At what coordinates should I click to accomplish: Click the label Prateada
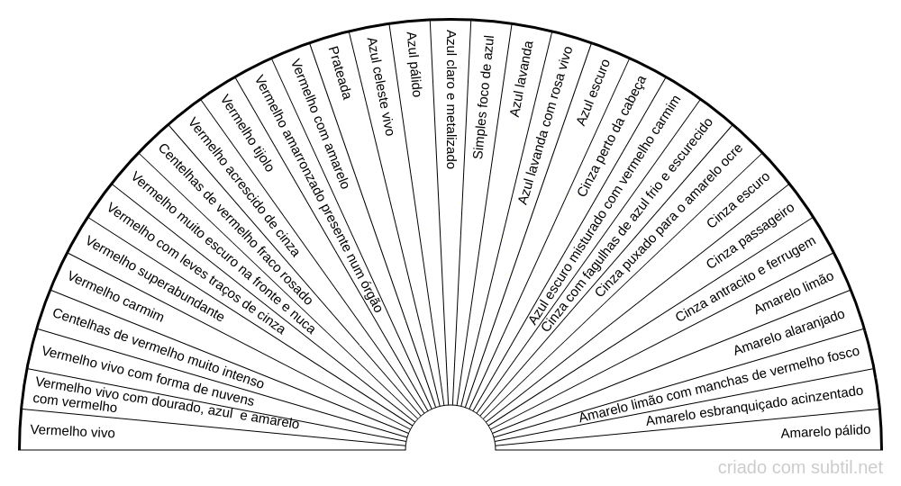[339, 73]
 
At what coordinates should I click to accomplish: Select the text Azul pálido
[414, 64]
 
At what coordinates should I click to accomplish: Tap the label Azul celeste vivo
[380, 86]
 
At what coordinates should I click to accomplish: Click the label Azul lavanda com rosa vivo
[545, 126]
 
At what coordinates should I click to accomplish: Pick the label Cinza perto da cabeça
[612, 137]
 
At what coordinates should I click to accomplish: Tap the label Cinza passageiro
[750, 236]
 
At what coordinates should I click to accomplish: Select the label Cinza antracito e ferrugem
[745, 279]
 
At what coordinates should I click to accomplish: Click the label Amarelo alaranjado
[789, 332]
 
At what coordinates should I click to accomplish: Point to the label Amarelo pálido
[825, 431]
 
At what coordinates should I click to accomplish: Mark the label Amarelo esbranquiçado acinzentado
[754, 406]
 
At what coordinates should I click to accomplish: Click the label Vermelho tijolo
[248, 134]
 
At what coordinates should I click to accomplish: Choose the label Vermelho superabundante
[155, 279]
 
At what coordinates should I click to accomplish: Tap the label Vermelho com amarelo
[321, 123]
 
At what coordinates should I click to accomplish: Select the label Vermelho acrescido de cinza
[243, 187]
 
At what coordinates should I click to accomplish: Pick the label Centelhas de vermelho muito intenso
[158, 348]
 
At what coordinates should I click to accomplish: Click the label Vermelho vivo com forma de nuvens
[148, 376]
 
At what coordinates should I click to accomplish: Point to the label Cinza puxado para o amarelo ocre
[669, 220]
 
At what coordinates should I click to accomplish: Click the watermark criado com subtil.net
[800, 468]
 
